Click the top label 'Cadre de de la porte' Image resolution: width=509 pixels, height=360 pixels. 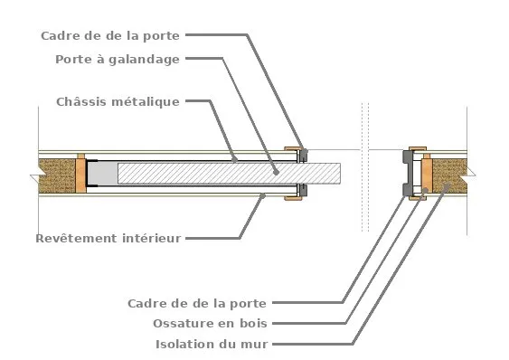(110, 35)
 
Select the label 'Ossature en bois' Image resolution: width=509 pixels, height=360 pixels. (212, 323)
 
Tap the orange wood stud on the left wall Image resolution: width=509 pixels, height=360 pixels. (80, 173)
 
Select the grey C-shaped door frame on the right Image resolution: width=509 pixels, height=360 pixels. (408, 173)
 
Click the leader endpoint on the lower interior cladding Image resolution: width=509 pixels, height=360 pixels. (262, 194)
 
